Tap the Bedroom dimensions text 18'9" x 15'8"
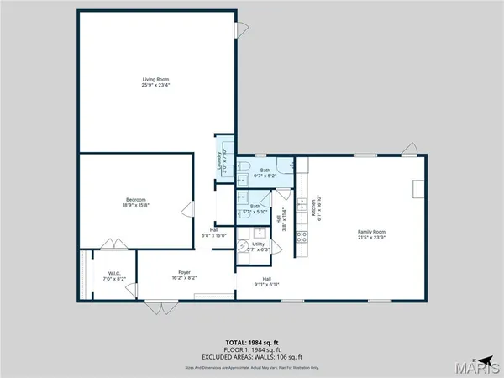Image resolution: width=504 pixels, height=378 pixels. pos(130,205)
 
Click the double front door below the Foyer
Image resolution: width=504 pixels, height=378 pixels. pos(155,307)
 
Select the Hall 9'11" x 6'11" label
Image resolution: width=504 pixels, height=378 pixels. pos(267,281)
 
